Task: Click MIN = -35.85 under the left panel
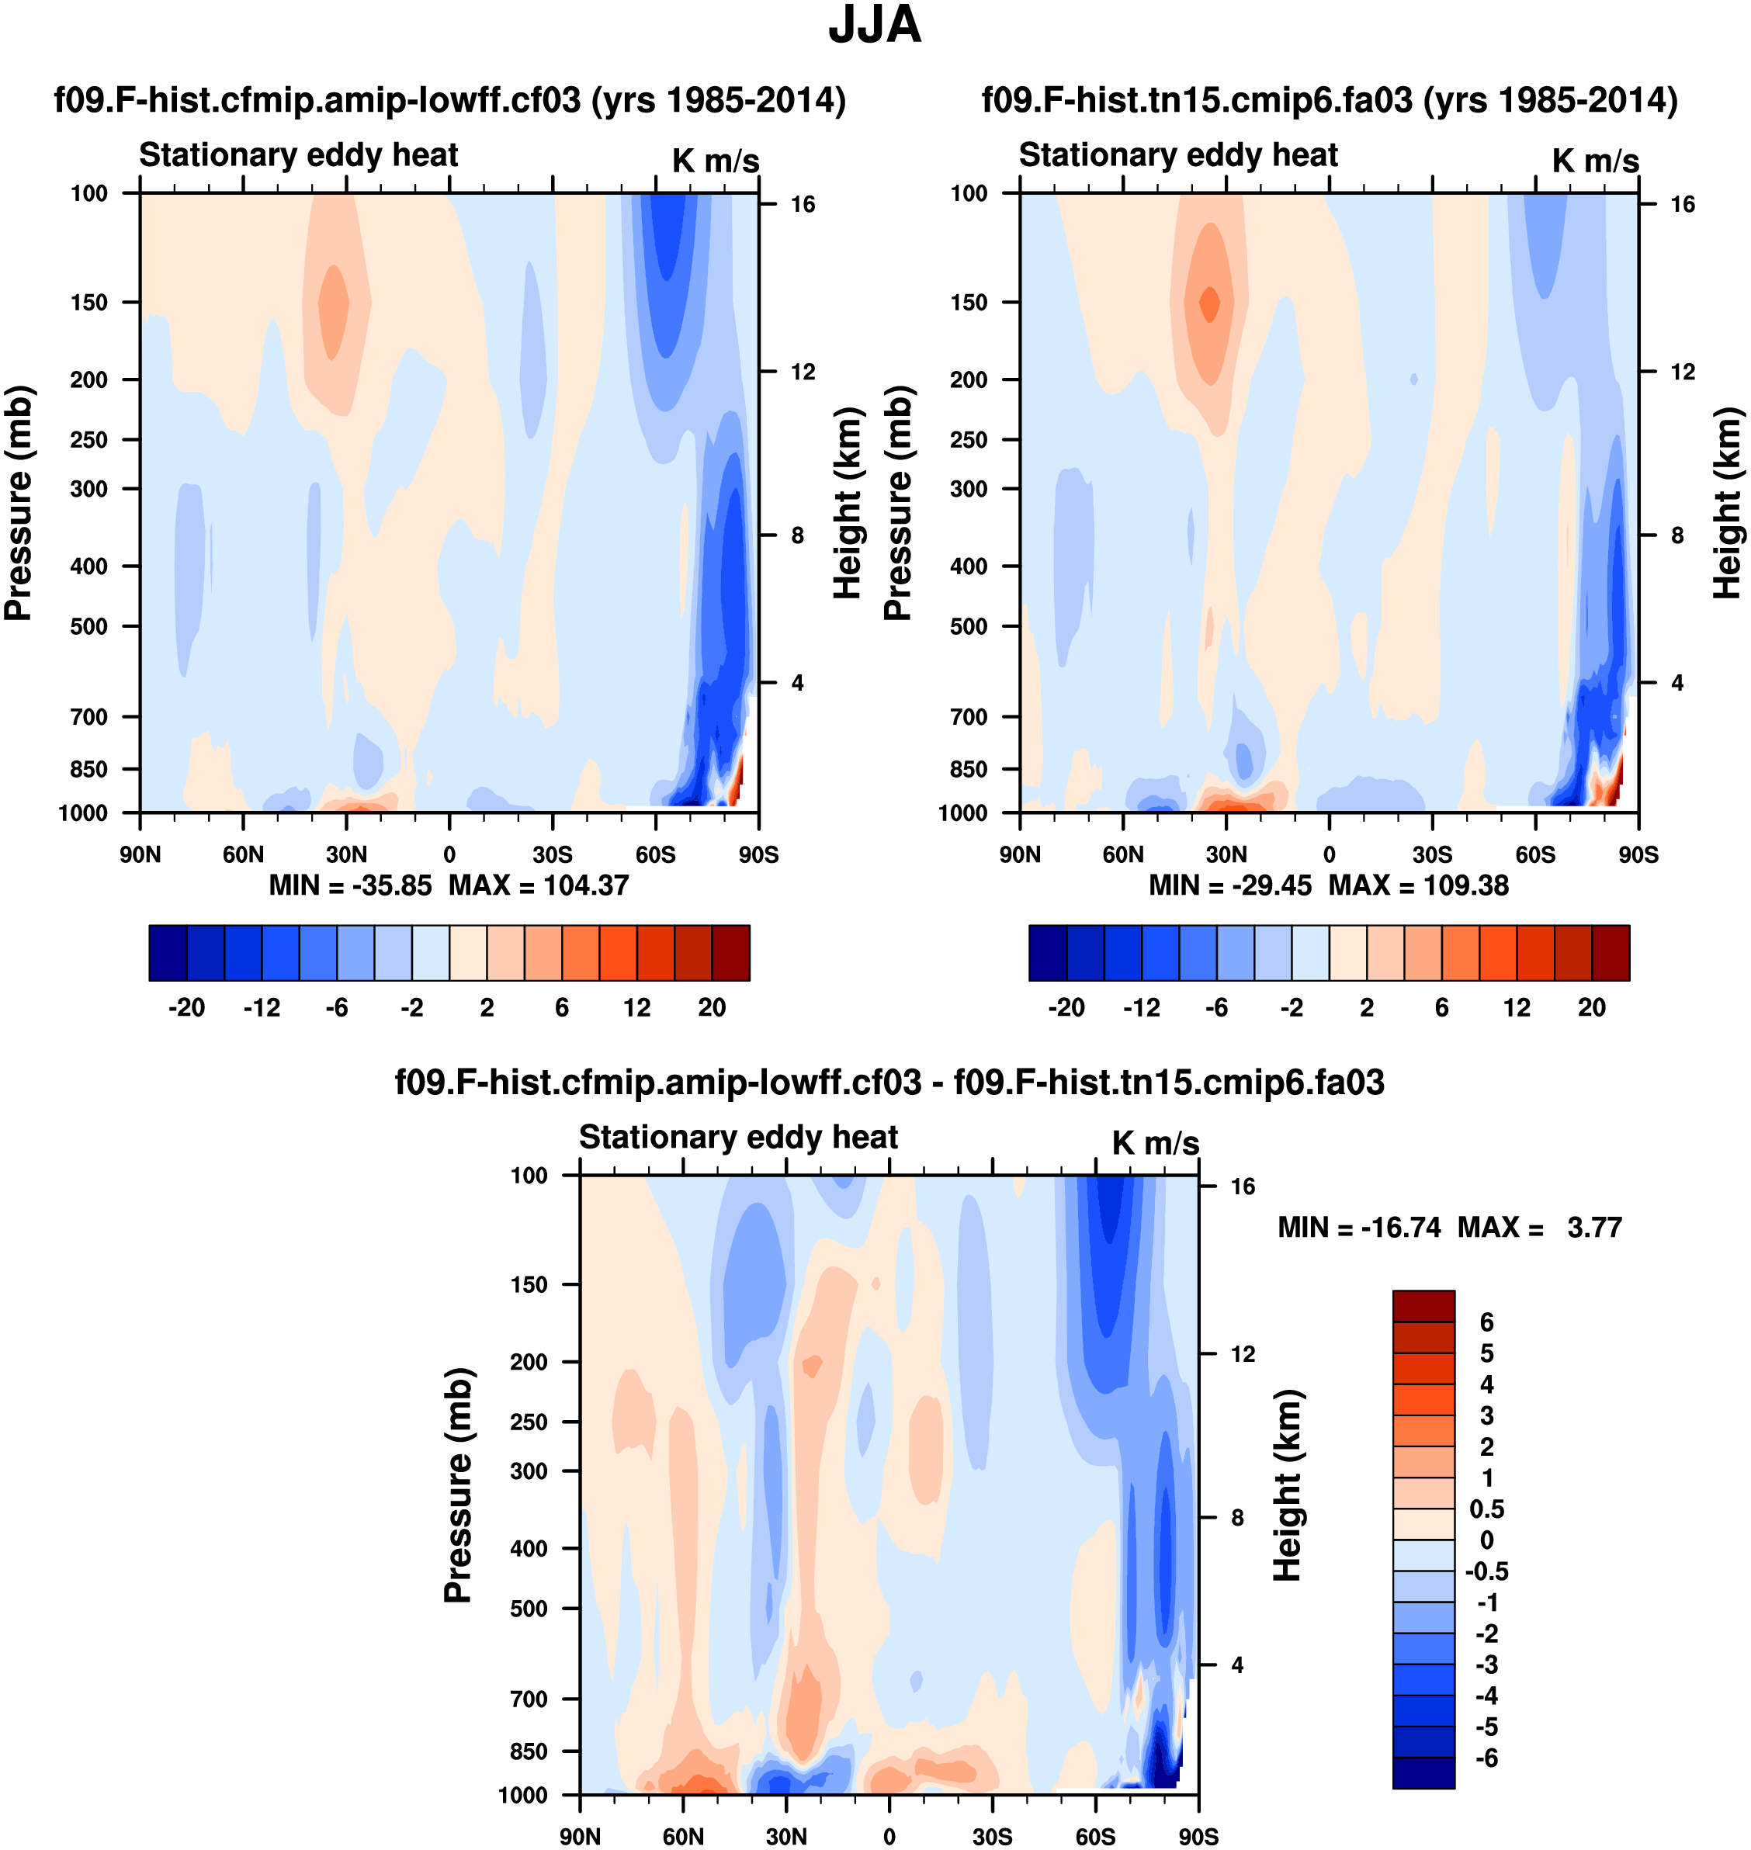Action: (350, 885)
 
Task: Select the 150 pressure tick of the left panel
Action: (88, 303)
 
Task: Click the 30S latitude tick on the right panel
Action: (1432, 854)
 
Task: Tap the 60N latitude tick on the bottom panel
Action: (683, 1836)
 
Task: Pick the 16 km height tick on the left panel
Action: (803, 204)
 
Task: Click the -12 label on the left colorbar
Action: (262, 1007)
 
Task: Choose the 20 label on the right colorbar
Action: (1591, 1007)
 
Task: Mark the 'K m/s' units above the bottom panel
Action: (1155, 1142)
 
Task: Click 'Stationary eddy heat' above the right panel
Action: (1178, 155)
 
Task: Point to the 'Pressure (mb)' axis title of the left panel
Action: (19, 502)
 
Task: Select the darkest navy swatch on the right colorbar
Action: (1047, 953)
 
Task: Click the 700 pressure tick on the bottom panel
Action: (529, 1698)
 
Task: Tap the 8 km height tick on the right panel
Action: (1677, 535)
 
